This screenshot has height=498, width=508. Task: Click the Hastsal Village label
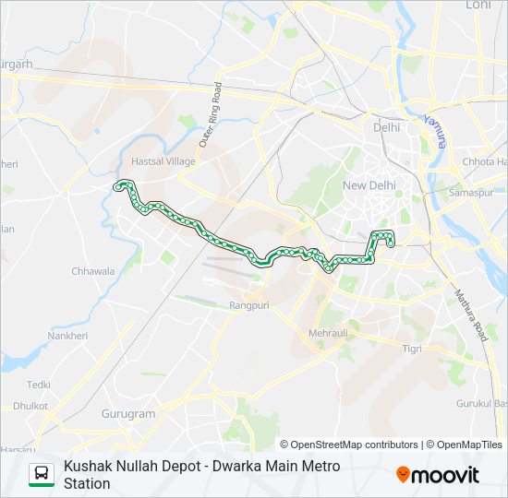[164, 160]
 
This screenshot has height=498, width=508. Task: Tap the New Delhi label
[369, 185]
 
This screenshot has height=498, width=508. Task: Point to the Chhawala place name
[93, 271]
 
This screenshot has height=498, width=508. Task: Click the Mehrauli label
[329, 331]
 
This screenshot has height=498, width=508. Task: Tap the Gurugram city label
[128, 414]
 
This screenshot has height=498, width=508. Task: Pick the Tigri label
[412, 348]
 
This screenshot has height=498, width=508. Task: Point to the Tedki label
[39, 385]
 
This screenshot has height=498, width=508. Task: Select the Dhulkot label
[30, 406]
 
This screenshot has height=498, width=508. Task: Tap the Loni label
[479, 5]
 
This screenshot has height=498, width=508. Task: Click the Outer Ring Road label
[212, 116]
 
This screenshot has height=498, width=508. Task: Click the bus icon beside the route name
[42, 474]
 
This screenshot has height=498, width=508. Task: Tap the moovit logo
[438, 475]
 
